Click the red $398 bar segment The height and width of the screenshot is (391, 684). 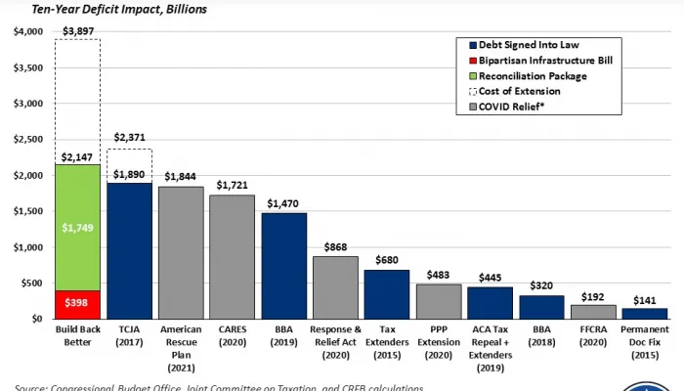point(78,304)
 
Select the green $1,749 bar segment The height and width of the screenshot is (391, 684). point(78,227)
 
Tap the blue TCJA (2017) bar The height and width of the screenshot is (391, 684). point(130,250)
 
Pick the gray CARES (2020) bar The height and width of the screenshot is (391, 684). point(233,256)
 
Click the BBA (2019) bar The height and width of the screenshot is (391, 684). point(284,265)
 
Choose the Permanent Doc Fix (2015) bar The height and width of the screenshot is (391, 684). point(645,314)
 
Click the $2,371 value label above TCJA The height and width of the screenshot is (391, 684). point(130,139)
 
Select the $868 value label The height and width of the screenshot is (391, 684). point(336,244)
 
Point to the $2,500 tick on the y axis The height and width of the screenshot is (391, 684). point(26,140)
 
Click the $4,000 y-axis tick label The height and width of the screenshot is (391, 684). point(26,32)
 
